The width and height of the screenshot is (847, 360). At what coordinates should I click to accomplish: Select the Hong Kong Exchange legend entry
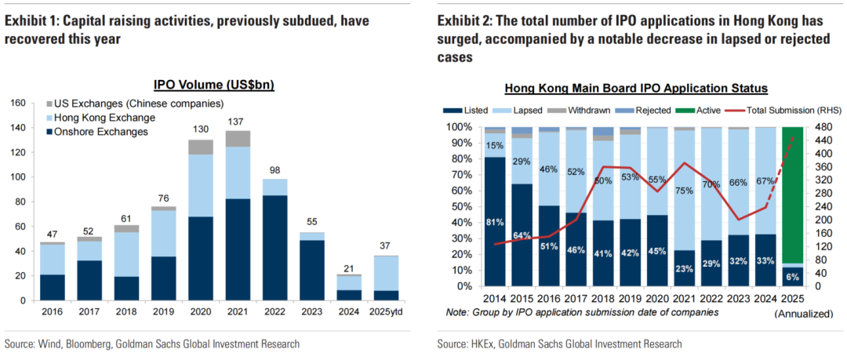[x=104, y=118]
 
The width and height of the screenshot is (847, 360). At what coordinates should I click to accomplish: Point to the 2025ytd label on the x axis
[x=387, y=312]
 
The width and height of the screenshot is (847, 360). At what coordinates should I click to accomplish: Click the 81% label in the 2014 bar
[x=494, y=222]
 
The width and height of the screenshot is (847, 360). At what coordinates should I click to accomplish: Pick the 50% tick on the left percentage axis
[x=458, y=206]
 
